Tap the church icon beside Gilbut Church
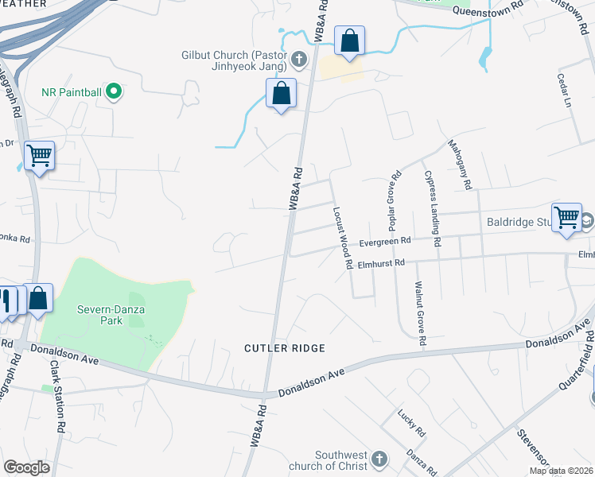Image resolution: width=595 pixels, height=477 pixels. pyautogui.click(x=299, y=59)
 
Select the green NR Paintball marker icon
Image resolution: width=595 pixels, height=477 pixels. pyautogui.click(x=114, y=92)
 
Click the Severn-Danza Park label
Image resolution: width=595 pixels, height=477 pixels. pyautogui.click(x=100, y=315)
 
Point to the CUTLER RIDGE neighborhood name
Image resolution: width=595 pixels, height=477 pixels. pyautogui.click(x=285, y=348)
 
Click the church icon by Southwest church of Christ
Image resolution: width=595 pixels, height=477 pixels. pyautogui.click(x=379, y=460)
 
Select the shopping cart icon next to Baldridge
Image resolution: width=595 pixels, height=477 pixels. pyautogui.click(x=566, y=215)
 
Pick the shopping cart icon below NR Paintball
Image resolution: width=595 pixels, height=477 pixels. pyautogui.click(x=39, y=155)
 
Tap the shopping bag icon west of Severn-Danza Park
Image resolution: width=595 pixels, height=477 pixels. pyautogui.click(x=38, y=298)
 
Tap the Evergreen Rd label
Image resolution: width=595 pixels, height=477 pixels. pyautogui.click(x=385, y=241)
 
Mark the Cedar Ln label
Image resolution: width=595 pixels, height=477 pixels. pyautogui.click(x=566, y=91)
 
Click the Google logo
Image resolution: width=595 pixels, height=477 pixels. pyautogui.click(x=27, y=467)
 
